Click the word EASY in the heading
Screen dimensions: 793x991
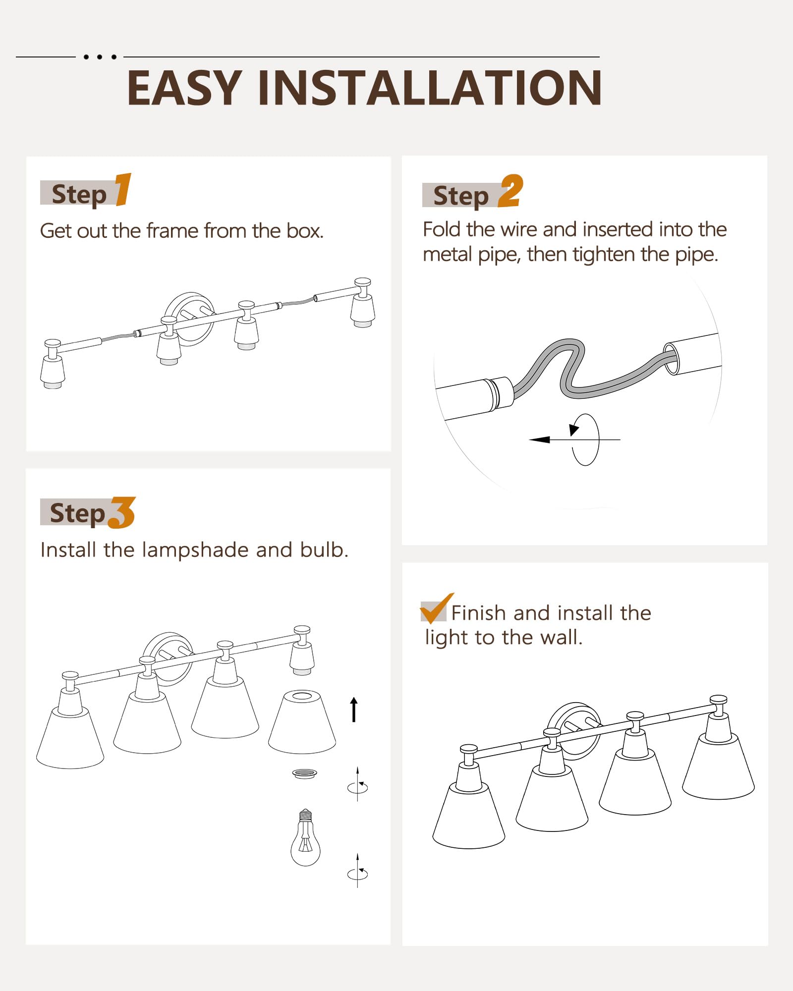pyautogui.click(x=185, y=88)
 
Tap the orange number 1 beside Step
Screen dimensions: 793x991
pyautogui.click(x=123, y=189)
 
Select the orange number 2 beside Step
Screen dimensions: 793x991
pyautogui.click(x=510, y=191)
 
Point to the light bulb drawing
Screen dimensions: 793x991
pyautogui.click(x=305, y=837)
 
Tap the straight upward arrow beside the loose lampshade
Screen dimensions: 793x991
pyautogui.click(x=354, y=710)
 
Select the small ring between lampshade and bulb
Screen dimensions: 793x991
pyautogui.click(x=304, y=773)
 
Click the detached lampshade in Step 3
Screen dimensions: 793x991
pyautogui.click(x=302, y=721)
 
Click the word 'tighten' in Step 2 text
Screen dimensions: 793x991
pyautogui.click(x=604, y=255)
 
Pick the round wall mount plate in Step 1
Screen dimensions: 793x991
pyautogui.click(x=190, y=318)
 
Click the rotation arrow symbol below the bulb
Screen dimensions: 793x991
pyautogui.click(x=357, y=871)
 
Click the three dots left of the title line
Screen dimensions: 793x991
pyautogui.click(x=100, y=57)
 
